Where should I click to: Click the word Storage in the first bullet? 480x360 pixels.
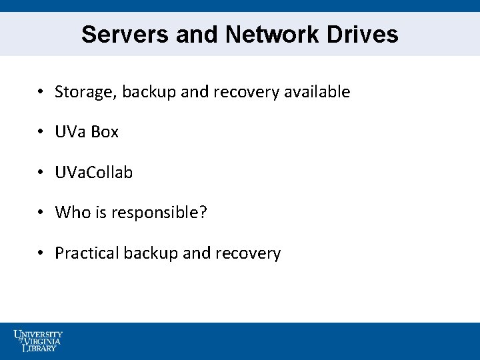[x=82, y=92]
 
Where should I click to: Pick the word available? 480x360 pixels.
[x=317, y=92]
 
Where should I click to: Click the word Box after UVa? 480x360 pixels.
[x=105, y=132]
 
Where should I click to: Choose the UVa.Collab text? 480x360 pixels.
[x=94, y=173]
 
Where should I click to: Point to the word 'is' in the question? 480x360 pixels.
[x=98, y=213]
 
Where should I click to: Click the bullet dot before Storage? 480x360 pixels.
[x=41, y=92]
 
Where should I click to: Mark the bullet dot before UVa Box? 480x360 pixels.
[x=41, y=133]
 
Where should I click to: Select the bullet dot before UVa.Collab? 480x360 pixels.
[x=41, y=173]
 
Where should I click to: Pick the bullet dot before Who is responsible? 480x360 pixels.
[x=41, y=213]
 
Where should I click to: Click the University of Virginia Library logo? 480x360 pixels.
[x=39, y=340]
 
